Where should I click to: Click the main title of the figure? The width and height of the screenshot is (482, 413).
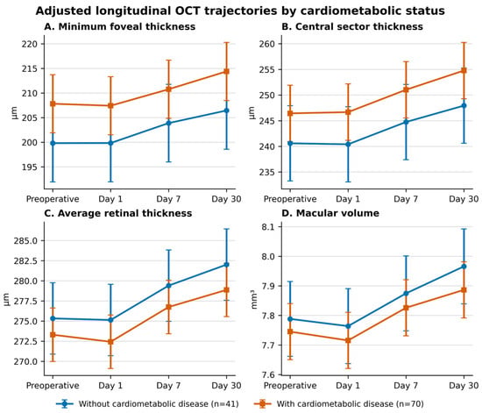(x=240, y=11)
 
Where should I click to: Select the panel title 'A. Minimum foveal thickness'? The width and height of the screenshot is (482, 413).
(x=119, y=27)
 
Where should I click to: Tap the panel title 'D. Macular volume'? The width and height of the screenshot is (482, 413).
(x=330, y=213)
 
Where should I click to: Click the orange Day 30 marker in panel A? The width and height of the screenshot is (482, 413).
(x=227, y=71)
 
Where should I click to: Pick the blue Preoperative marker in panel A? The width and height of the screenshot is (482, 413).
(x=53, y=143)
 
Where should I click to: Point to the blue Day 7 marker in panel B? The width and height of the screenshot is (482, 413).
(x=406, y=122)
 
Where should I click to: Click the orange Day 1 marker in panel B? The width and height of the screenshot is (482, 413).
(x=348, y=112)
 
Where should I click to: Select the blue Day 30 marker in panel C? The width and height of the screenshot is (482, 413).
(x=227, y=265)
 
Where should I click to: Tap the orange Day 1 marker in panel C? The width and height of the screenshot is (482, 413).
(x=110, y=342)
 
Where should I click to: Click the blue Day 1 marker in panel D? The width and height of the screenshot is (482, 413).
(x=348, y=326)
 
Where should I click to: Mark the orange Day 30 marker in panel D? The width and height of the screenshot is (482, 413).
(x=464, y=290)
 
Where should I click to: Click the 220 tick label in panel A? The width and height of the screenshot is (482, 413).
(x=29, y=44)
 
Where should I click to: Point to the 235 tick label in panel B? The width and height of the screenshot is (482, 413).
(x=266, y=172)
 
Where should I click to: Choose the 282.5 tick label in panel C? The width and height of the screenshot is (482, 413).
(x=25, y=260)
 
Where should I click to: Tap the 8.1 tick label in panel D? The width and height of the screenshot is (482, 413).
(x=268, y=227)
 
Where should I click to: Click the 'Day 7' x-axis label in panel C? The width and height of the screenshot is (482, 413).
(x=168, y=386)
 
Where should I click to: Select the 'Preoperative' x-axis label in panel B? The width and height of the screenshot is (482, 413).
(x=290, y=199)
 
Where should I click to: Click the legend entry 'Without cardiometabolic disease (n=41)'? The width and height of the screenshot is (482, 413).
(x=147, y=403)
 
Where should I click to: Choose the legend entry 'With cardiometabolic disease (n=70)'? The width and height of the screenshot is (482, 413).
(x=339, y=403)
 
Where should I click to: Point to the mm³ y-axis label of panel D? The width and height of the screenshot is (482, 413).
(x=254, y=299)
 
